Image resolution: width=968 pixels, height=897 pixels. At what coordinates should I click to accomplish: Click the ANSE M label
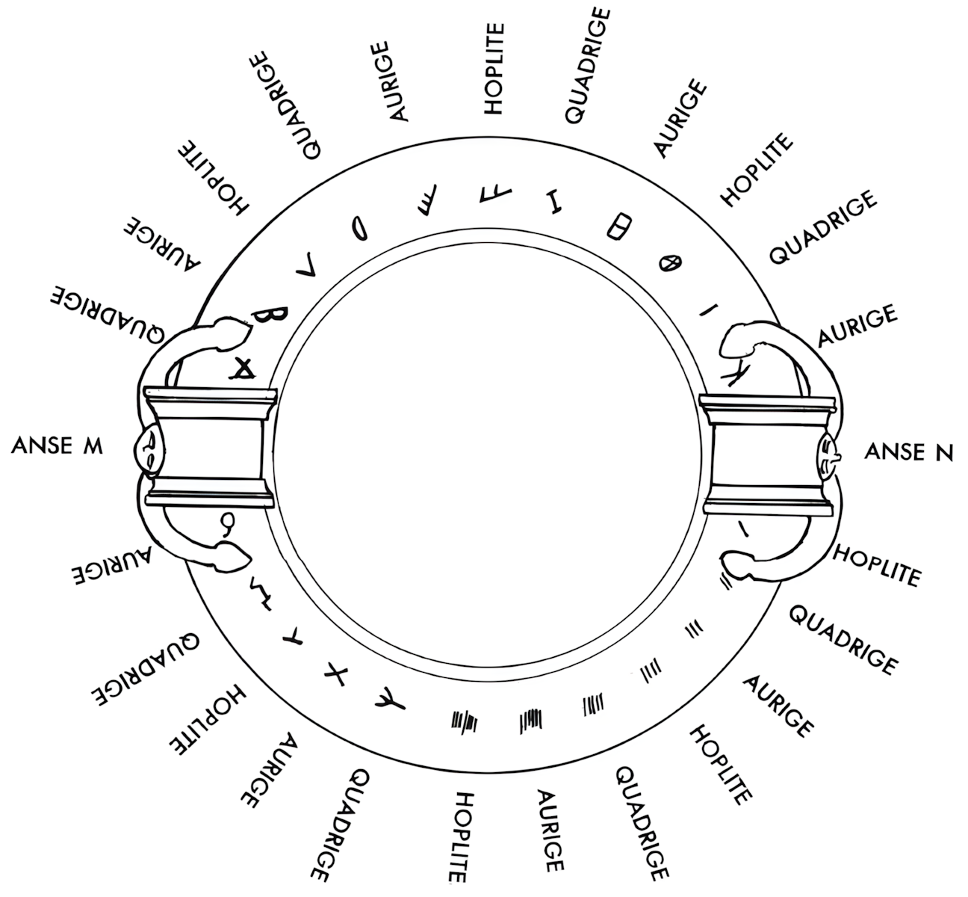click(x=57, y=446)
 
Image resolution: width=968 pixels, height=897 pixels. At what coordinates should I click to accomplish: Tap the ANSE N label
click(x=908, y=451)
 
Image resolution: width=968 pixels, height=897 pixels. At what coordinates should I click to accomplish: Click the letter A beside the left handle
click(x=243, y=366)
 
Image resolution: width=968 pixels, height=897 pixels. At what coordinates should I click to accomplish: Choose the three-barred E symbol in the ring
click(x=428, y=205)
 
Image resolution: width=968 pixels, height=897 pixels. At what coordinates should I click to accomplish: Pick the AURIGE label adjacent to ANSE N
click(x=857, y=326)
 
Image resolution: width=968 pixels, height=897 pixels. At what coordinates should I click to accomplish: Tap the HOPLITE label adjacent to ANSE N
click(x=875, y=565)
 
